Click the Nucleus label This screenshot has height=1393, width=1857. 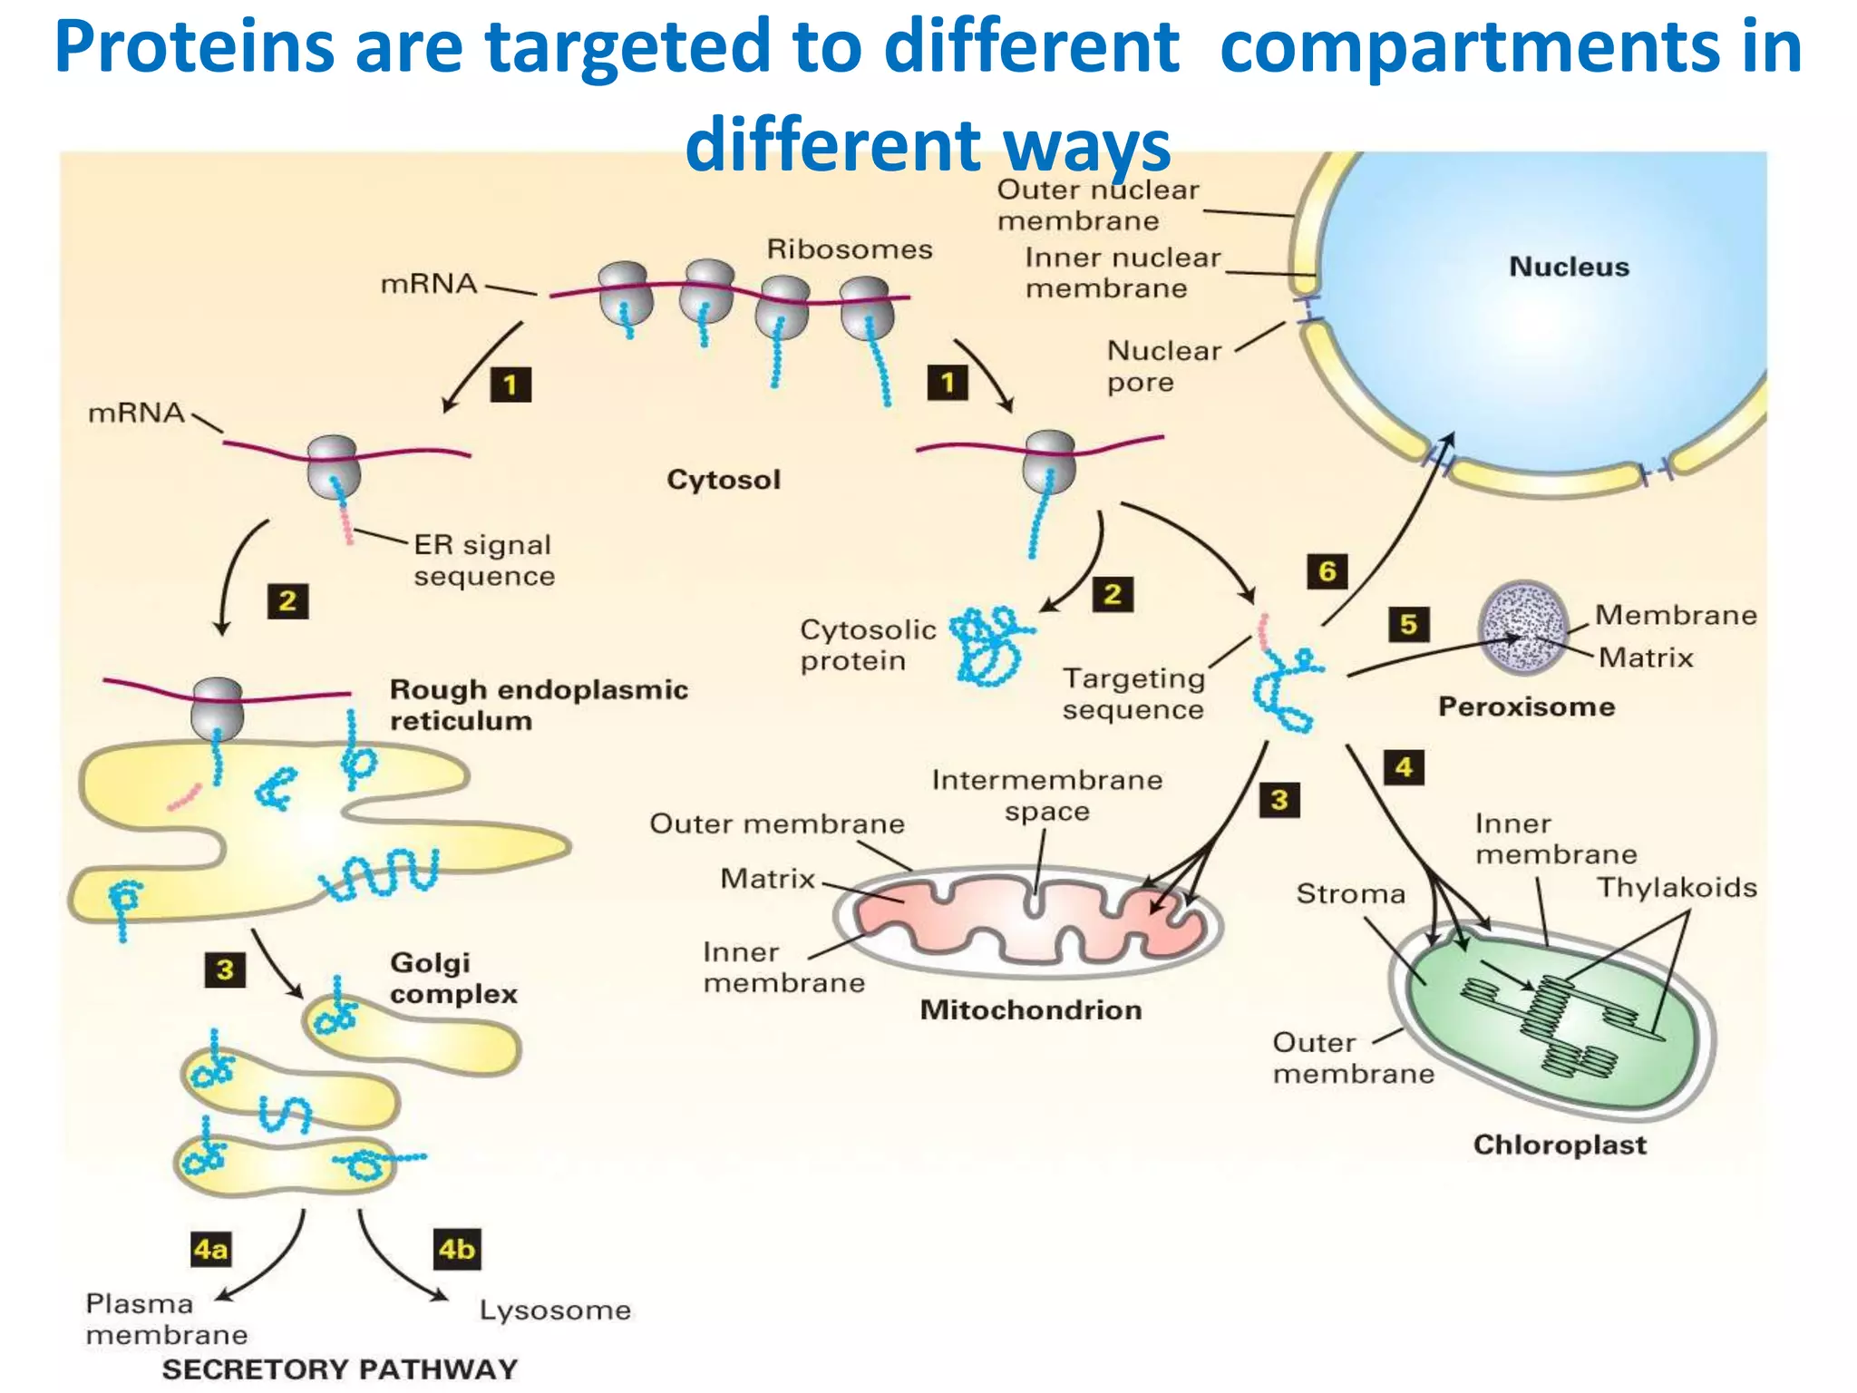click(1569, 267)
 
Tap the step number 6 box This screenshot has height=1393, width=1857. click(1327, 571)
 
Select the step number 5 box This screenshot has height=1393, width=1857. click(1408, 624)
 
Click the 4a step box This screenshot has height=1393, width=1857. click(210, 1250)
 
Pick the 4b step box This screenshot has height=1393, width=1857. click(456, 1250)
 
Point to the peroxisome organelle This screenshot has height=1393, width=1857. click(1523, 628)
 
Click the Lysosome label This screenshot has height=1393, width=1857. click(555, 1310)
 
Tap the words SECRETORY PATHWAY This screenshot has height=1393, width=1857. click(339, 1369)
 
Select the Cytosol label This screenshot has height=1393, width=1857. click(724, 479)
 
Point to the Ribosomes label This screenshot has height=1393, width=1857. click(850, 249)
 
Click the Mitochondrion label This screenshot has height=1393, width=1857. click(1031, 1009)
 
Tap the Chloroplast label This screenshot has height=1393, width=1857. click(1560, 1145)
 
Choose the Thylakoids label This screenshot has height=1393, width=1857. click(1677, 887)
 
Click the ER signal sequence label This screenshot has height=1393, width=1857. click(484, 560)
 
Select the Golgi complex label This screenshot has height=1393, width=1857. click(453, 978)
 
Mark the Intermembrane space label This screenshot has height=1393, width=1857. click(1047, 794)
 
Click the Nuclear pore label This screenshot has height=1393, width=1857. click(1164, 365)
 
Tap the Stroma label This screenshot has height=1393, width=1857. click(1350, 893)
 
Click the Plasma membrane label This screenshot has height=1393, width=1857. click(166, 1319)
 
